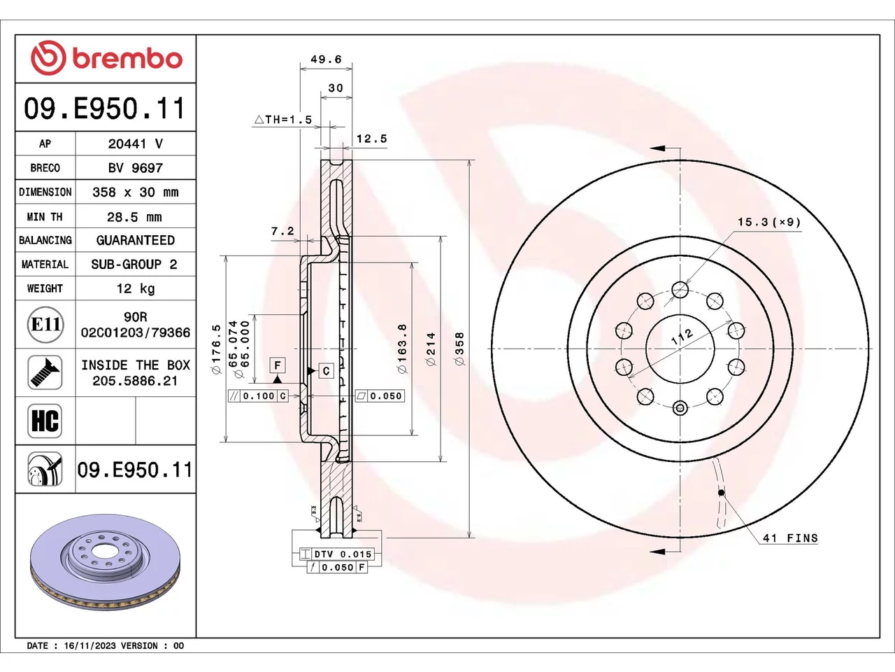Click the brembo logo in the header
point(106,58)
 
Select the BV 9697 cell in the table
point(136,168)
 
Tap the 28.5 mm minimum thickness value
point(134,217)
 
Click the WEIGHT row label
point(45,288)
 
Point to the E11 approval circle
point(45,324)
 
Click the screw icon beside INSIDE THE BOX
point(45,372)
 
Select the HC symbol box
point(45,421)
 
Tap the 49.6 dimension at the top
point(326,59)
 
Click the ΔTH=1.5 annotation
point(283,120)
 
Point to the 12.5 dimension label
point(371,139)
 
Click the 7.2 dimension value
point(282,231)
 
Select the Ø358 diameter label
point(459,349)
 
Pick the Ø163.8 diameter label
point(402,349)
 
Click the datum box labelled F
point(278,365)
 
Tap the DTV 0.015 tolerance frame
point(337,554)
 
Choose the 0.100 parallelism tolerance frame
point(259,395)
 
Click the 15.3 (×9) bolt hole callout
point(769,223)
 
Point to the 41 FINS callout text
point(790,538)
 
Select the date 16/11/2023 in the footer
point(89,646)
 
